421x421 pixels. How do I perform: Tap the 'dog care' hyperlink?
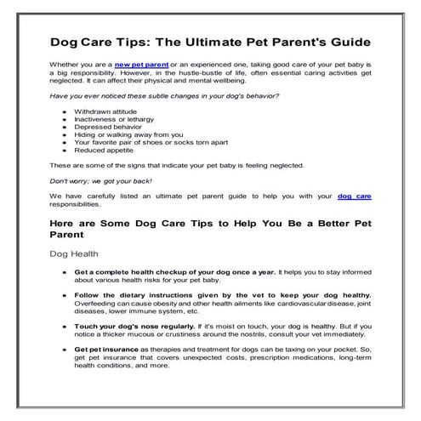click(355, 195)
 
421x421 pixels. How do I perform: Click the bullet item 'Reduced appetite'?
click(104, 150)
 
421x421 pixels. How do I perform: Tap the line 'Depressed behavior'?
click(106, 126)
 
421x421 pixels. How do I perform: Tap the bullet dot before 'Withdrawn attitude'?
click(65, 111)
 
